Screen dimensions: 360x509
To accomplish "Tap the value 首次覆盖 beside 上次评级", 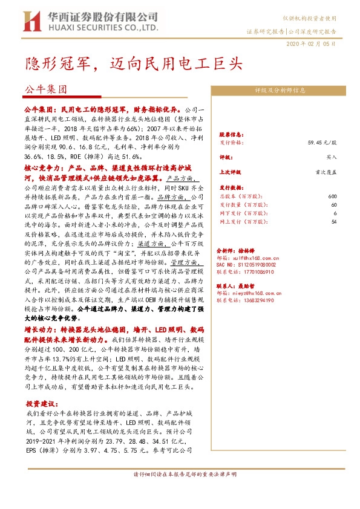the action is tap(325, 171).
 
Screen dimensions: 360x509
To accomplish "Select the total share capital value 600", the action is tap(332, 196).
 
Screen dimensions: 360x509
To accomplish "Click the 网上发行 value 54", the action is tap(333, 222).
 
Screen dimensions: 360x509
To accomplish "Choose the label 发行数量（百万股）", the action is tap(240, 205).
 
